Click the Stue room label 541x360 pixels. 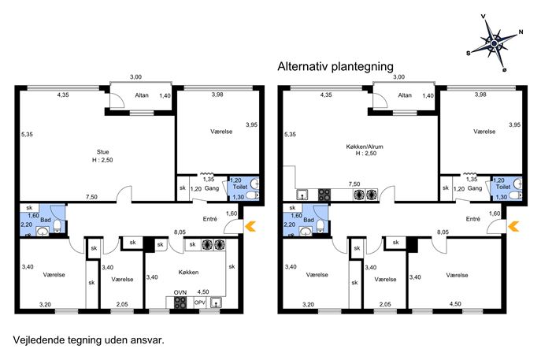[x=103, y=152]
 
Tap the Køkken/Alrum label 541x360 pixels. [x=365, y=147]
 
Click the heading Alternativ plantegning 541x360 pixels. [x=335, y=66]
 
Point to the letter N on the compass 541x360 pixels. [x=521, y=32]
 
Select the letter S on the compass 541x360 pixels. [x=469, y=53]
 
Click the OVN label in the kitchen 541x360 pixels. [x=180, y=293]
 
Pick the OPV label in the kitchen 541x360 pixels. [x=200, y=302]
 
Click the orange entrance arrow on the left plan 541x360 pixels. [x=250, y=226]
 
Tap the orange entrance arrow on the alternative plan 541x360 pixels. [x=513, y=226]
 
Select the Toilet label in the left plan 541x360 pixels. [x=240, y=187]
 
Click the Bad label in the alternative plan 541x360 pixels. [x=309, y=220]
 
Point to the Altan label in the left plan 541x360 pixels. [x=142, y=95]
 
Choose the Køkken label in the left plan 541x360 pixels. [x=188, y=273]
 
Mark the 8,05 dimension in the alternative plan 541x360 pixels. [x=443, y=232]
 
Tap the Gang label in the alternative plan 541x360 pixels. [x=475, y=188]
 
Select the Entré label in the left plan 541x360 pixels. [x=209, y=219]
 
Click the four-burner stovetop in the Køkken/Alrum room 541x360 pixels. [x=324, y=195]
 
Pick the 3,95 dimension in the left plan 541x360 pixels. [x=251, y=125]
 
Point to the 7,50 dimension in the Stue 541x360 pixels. [x=91, y=197]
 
